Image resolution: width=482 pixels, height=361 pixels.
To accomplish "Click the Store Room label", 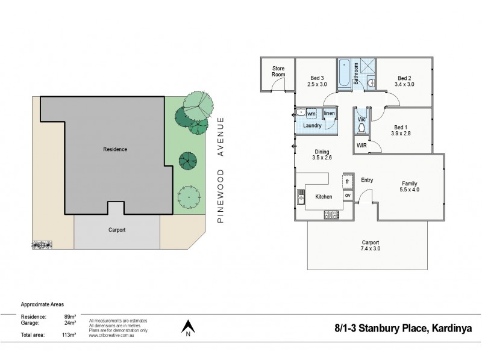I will point(278,72).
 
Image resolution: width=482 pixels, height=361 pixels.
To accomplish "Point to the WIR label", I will point(362,146).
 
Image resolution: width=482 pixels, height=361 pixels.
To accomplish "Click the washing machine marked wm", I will point(311,113).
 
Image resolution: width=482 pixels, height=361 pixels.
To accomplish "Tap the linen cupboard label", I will point(329,113).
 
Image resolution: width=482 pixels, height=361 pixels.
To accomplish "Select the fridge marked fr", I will point(348,181).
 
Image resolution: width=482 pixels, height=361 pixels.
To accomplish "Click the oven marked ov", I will point(348,196).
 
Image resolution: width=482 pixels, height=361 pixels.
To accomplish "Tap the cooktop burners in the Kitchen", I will point(331,214).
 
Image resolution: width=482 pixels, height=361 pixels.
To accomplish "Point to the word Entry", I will point(366,180).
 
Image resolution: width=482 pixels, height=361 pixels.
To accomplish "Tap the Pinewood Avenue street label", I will point(221,170).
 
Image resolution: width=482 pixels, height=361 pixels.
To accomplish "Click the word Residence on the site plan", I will point(115,149).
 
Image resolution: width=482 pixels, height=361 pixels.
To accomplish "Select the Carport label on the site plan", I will point(117,230).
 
